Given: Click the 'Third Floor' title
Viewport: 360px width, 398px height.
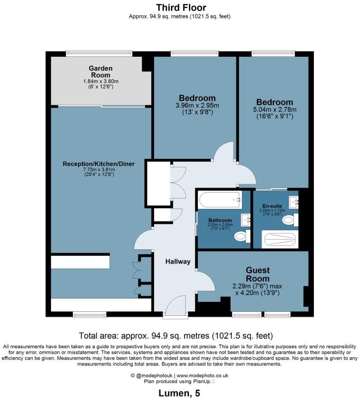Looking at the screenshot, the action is tap(181, 8).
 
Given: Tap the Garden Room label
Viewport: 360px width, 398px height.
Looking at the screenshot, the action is tap(101, 71).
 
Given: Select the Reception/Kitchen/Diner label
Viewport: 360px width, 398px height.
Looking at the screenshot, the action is tap(98, 164).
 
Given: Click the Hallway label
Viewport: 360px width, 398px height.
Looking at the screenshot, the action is tap(178, 262).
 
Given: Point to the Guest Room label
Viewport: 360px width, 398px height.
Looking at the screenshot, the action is tap(258, 275).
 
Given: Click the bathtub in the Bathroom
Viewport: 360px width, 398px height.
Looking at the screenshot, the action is tap(220, 200).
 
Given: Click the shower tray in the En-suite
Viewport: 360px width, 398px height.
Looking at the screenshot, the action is tap(280, 240).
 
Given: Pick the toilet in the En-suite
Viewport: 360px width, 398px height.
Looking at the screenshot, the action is tap(290, 220).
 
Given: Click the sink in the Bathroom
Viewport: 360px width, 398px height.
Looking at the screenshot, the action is tap(246, 220).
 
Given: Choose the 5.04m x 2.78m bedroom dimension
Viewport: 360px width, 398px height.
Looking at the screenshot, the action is tap(275, 110).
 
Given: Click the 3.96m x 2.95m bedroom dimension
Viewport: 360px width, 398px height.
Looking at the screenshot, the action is tap(197, 105).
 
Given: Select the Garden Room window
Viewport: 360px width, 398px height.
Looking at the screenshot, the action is tap(99, 53).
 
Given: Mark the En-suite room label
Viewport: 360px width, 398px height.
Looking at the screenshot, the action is tap(272, 206).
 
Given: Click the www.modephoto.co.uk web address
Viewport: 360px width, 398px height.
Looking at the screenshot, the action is tap(202, 376).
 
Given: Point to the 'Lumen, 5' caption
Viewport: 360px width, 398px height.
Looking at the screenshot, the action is tap(179, 393).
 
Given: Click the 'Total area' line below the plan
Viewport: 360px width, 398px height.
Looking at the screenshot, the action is tap(176, 336).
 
